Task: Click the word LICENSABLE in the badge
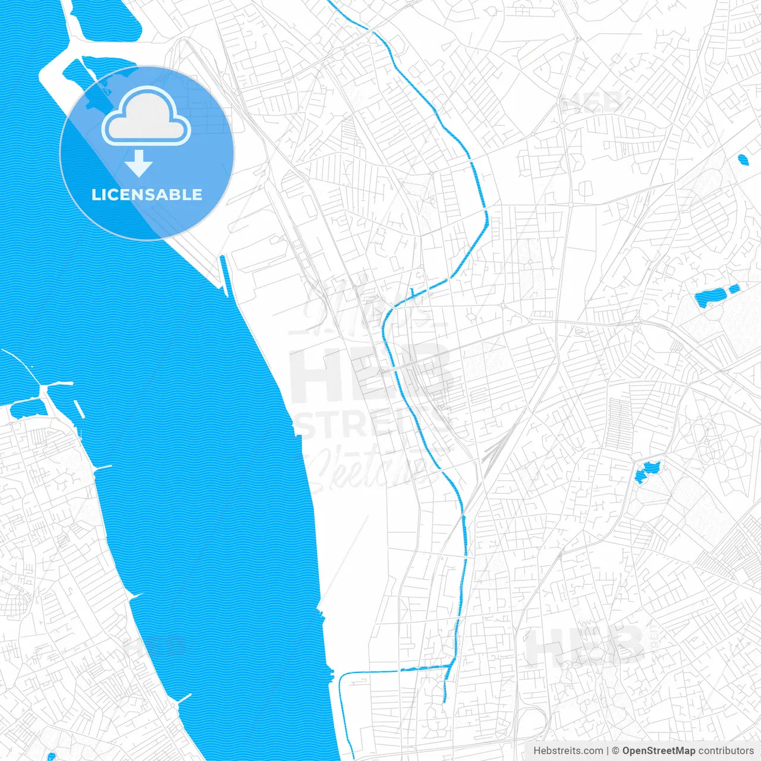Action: click(x=147, y=194)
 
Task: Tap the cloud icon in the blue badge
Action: click(x=146, y=117)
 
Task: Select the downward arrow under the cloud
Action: click(x=139, y=163)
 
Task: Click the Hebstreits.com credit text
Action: click(x=568, y=751)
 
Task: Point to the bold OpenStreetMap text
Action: click(x=658, y=751)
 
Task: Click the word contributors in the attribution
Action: click(x=725, y=751)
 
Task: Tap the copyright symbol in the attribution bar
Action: click(x=615, y=751)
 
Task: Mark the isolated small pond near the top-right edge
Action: click(x=743, y=159)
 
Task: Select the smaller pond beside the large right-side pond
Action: click(x=734, y=290)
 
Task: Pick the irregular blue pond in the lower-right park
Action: click(x=646, y=471)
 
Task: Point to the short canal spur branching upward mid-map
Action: click(x=412, y=291)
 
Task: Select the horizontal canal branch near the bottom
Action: click(x=392, y=670)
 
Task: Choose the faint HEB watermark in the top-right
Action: click(x=592, y=102)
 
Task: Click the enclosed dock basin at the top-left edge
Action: click(x=107, y=21)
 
